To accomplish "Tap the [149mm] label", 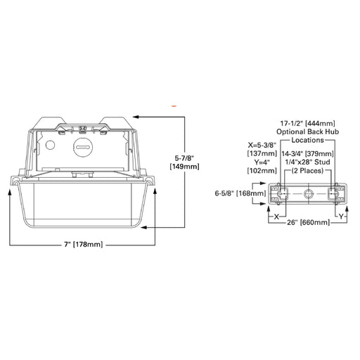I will (x=185, y=167).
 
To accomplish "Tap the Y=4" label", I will (x=257, y=162).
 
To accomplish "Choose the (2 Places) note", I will (x=307, y=172).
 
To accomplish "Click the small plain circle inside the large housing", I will (x=49, y=145).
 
